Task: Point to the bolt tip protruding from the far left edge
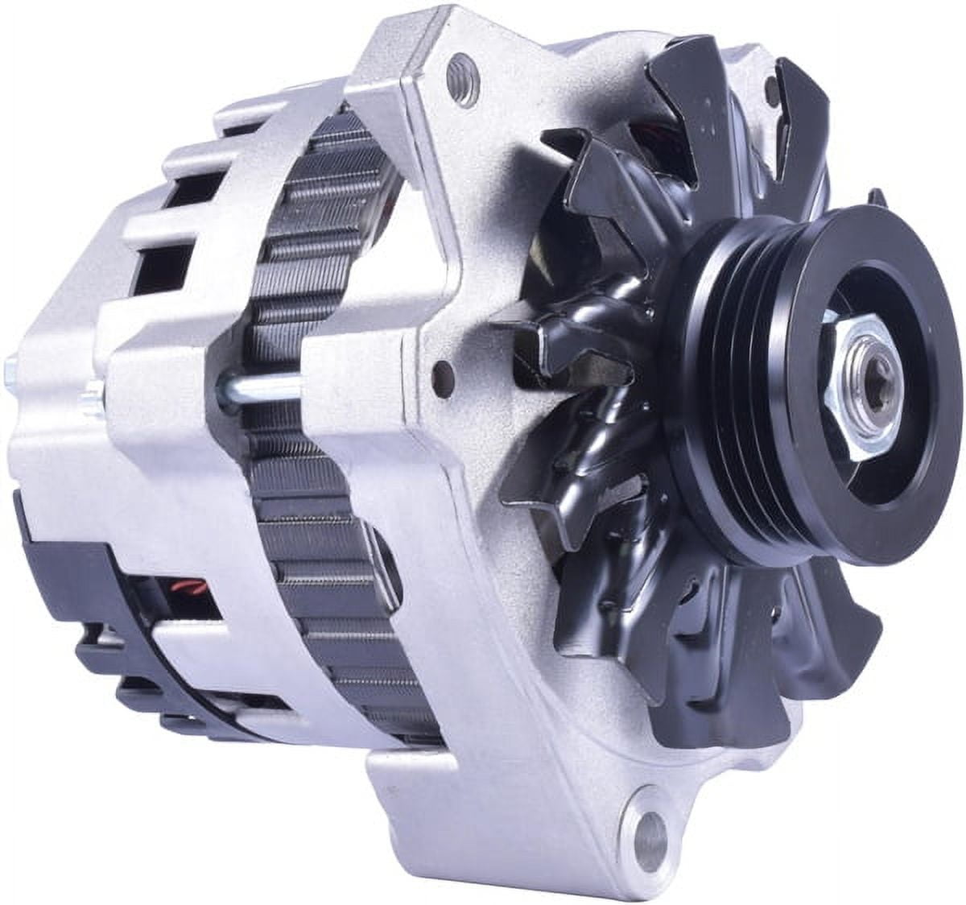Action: tap(10, 371)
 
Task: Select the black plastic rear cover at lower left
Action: tap(64, 564)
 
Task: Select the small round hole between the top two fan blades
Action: tap(772, 88)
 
